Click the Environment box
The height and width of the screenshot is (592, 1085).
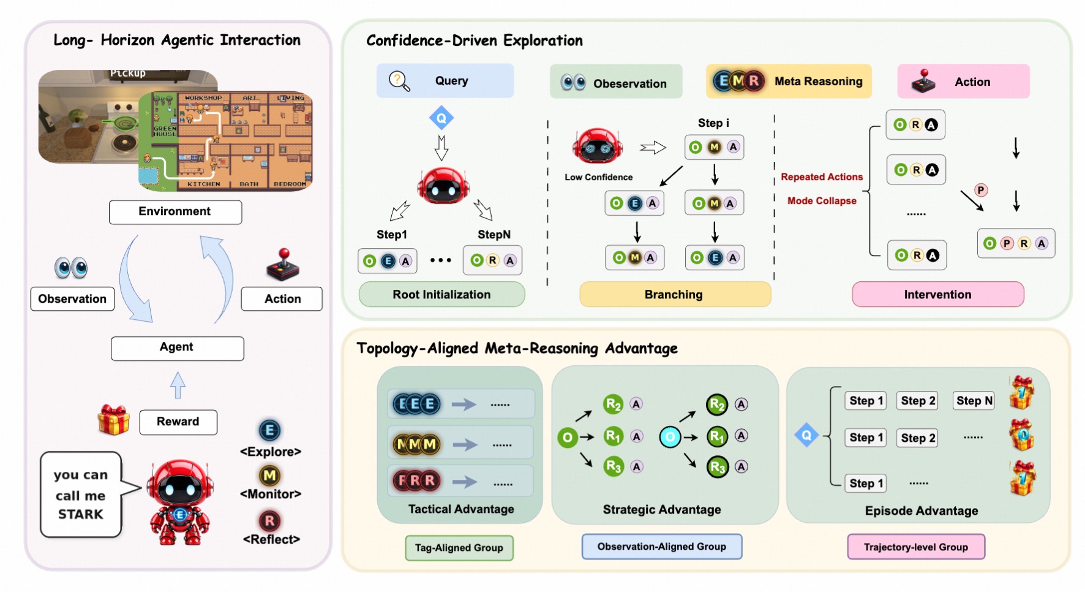point(175,212)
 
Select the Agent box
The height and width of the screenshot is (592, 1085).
point(177,348)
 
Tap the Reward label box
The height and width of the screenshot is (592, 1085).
point(178,422)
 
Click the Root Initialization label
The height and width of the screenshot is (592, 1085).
point(441,295)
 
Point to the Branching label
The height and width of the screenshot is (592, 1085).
point(674,295)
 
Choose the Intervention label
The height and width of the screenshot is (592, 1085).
point(938,295)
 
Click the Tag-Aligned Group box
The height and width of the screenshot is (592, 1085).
point(459,548)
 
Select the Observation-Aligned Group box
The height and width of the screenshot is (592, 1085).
point(662,547)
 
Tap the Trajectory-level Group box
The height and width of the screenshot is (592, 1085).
point(916,547)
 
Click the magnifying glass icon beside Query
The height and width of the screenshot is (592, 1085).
point(399,81)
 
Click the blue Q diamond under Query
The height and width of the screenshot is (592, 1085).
point(441,118)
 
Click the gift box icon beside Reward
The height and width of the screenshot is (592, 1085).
point(114,420)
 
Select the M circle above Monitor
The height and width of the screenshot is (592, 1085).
point(270,476)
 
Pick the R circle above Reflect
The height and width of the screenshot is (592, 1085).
point(270,521)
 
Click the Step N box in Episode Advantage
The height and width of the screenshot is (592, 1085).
point(974,401)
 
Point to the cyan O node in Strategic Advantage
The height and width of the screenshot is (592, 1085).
point(670,437)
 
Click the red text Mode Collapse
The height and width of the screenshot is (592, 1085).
point(822,201)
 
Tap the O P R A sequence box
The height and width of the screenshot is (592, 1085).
point(1016,243)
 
